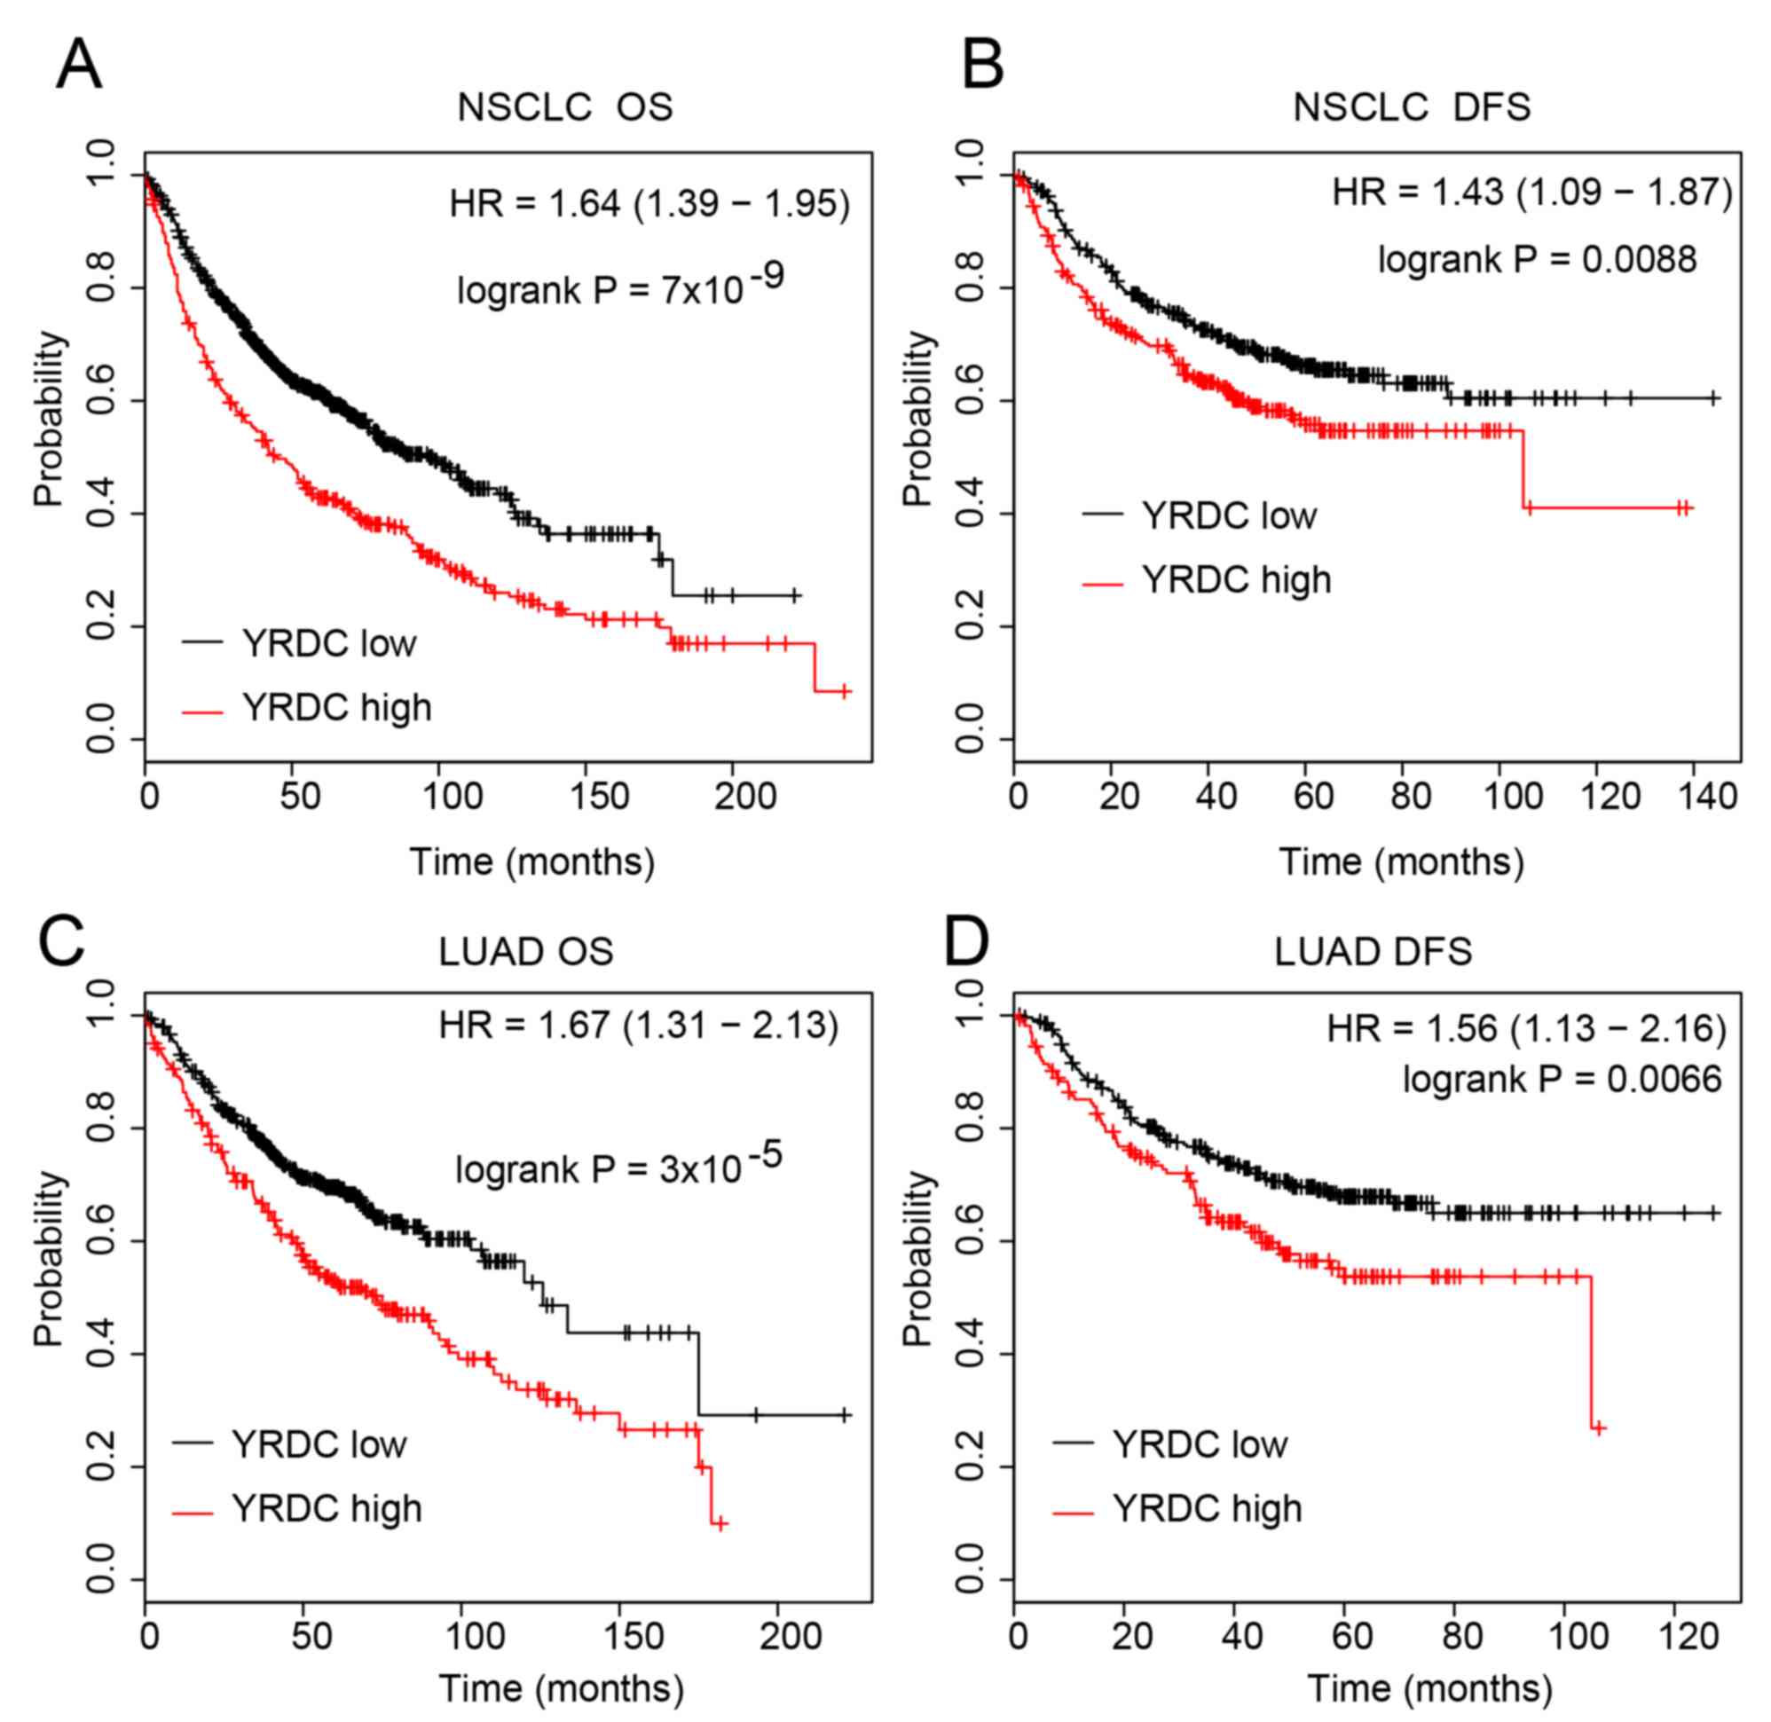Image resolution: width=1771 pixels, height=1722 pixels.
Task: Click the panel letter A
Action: point(79,66)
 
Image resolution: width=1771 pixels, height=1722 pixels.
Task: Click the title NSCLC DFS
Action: point(1411,107)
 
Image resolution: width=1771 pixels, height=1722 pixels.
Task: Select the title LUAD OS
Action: point(525,952)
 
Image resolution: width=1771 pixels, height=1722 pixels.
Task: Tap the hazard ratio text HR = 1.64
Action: point(649,203)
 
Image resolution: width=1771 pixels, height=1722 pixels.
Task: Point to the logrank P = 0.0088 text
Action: point(1537,261)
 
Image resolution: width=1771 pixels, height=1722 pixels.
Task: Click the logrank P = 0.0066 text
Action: point(1562,1080)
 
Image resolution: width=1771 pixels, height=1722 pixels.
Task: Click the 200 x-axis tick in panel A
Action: point(744,797)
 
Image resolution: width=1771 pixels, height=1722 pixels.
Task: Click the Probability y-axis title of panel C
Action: point(51,1260)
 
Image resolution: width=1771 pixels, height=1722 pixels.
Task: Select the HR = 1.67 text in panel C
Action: point(639,1026)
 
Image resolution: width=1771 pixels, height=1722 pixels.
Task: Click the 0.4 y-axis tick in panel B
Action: point(971,515)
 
